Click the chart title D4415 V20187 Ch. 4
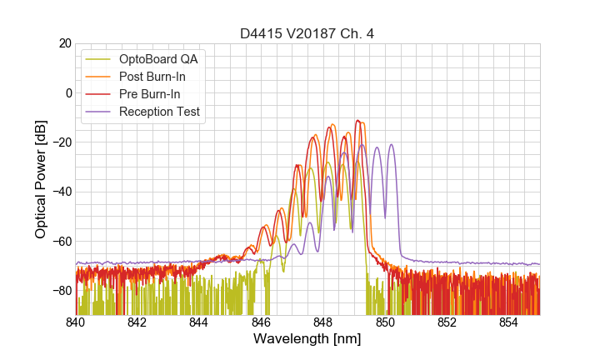point(307,33)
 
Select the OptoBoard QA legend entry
point(159,59)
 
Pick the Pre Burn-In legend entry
point(150,94)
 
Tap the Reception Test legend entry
point(159,112)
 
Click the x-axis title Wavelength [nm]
point(307,340)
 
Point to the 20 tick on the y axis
point(64,43)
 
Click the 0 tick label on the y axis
point(67,92)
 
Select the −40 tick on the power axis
point(60,192)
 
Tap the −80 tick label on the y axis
point(60,291)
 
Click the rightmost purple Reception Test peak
point(390,145)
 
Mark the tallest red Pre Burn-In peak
point(357,121)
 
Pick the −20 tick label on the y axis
point(60,142)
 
